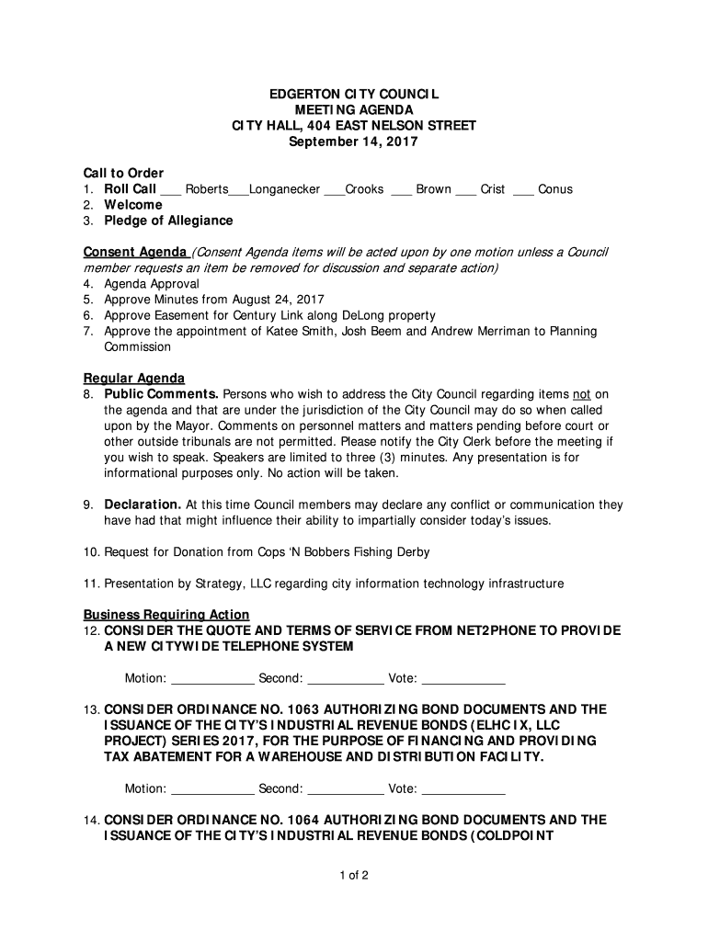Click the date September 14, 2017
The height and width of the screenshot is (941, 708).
tap(353, 142)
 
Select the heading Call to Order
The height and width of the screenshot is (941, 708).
tap(123, 173)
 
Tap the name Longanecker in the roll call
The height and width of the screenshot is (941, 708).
tap(284, 189)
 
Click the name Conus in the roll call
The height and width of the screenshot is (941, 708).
tap(555, 189)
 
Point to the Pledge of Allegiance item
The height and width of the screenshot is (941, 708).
tap(168, 221)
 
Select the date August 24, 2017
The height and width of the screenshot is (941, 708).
tap(278, 300)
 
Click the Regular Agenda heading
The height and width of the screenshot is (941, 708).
tap(134, 378)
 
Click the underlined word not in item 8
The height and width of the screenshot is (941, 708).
tap(581, 394)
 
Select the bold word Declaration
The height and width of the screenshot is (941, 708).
tap(143, 505)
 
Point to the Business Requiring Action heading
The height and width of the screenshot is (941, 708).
tap(166, 615)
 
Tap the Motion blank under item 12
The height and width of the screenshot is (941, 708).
tap(213, 679)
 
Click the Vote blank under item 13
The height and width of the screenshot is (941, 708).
tap(463, 788)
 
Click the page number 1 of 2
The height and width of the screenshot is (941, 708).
tap(353, 875)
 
